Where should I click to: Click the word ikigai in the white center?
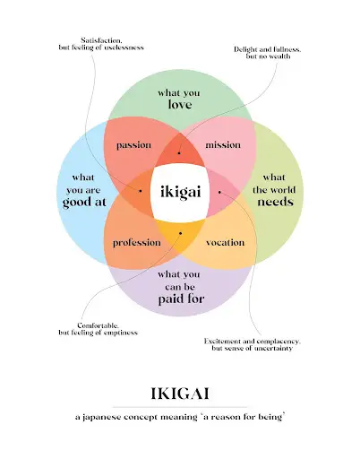click(x=181, y=192)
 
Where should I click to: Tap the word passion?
click(x=133, y=145)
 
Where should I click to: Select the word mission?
click(x=223, y=145)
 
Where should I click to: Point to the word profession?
click(x=137, y=243)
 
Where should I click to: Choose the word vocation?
click(x=225, y=242)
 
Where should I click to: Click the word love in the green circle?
click(x=180, y=104)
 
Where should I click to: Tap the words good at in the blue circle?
click(x=84, y=202)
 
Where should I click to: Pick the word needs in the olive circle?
click(x=275, y=202)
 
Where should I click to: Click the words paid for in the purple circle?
click(x=181, y=299)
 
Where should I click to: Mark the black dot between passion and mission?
click(x=179, y=153)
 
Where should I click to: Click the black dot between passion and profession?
click(x=141, y=191)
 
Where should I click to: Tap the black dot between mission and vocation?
click(x=219, y=192)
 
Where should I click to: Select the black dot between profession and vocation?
click(x=180, y=233)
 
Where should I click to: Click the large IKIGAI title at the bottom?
click(x=180, y=394)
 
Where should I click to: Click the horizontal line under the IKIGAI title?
click(x=180, y=407)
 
